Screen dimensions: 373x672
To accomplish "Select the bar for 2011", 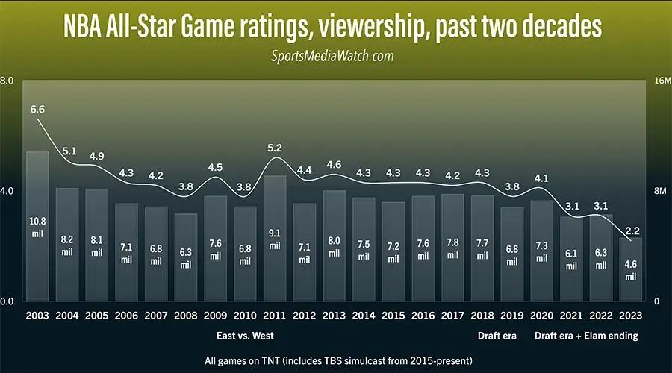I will pos(275,238).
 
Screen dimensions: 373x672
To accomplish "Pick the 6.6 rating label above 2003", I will pos(37,110).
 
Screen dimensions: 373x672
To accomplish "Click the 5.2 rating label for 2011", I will pos(275,147).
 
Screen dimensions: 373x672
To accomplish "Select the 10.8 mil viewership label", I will pos(37,227).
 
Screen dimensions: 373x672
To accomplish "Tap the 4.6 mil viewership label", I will pos(631,270).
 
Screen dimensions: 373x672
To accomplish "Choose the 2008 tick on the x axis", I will pos(186,316).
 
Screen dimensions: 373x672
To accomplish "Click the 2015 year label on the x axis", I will pos(393,316).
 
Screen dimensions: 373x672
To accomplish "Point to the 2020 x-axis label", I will pos(542,316).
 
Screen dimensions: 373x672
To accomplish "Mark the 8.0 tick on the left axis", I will pos(7,81).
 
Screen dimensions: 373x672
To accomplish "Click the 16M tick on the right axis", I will pos(662,81).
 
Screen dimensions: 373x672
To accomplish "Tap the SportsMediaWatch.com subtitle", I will pos(335,56).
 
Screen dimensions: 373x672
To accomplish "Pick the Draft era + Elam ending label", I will pos(586,336).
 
